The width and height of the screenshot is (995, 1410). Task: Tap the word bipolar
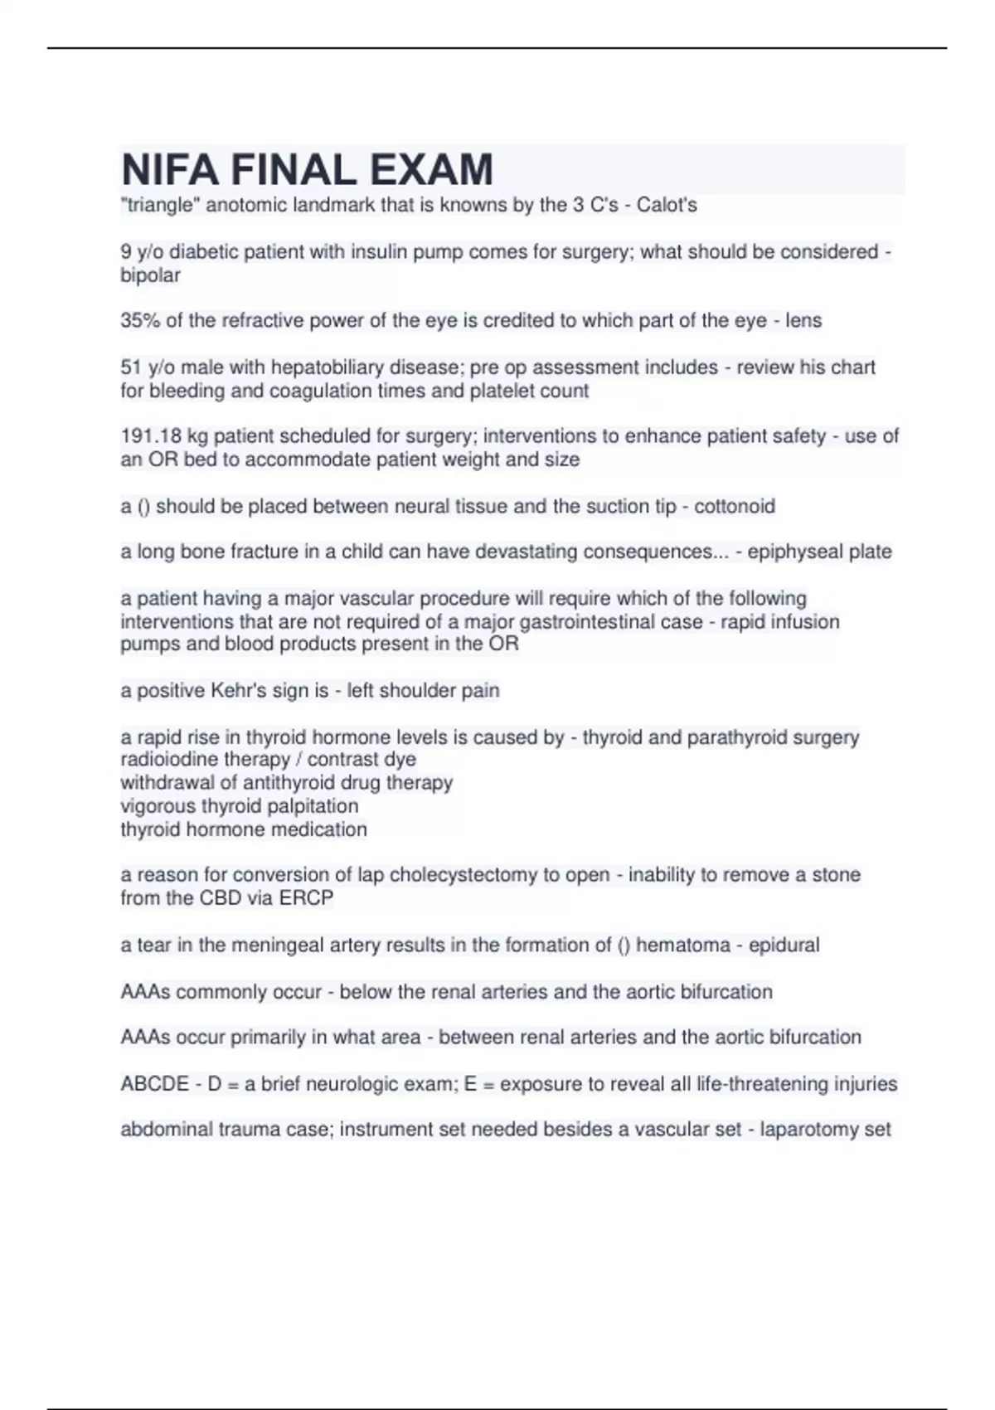click(150, 275)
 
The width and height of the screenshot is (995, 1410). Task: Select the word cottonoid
click(734, 506)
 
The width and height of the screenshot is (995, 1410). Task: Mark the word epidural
click(784, 946)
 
